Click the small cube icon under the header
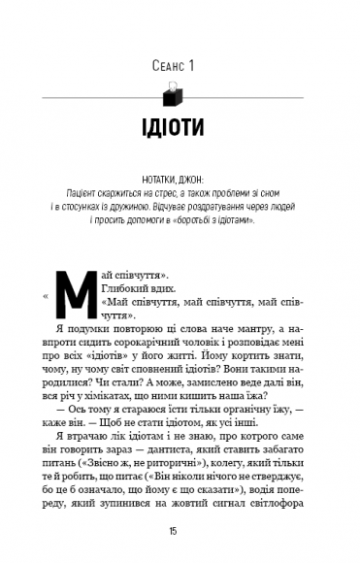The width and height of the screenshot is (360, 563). coord(178,95)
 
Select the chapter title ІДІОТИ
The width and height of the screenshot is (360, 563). coord(179,129)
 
